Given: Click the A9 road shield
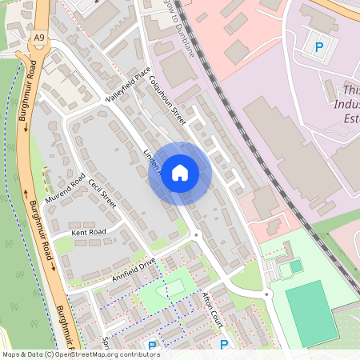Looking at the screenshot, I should [x=39, y=38].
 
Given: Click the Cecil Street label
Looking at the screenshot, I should [x=103, y=193].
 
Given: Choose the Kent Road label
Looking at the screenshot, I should [x=88, y=232].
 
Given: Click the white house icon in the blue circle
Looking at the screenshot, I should [x=180, y=173].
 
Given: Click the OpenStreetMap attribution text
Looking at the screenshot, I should [x=81, y=354].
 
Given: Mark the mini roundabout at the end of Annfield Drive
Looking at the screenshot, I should [x=196, y=234].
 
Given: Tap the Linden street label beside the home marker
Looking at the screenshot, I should [x=152, y=160].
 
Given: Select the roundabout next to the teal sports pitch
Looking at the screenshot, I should [x=269, y=294].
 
